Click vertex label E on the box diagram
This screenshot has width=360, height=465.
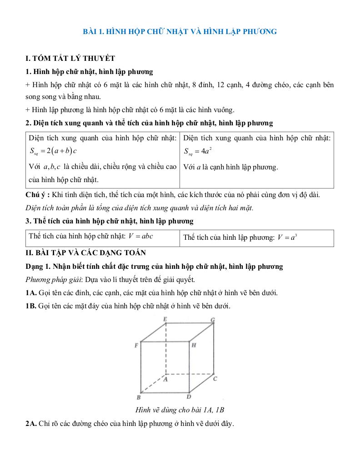[165, 320]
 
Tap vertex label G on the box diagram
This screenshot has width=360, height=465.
[212, 320]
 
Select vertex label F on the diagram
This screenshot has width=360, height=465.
[136, 346]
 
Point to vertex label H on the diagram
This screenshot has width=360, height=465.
[194, 346]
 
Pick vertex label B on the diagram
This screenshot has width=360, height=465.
[138, 397]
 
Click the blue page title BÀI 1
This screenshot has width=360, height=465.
[180, 31]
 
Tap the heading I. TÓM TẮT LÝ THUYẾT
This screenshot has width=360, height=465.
[70, 58]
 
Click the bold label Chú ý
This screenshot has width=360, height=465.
[38, 195]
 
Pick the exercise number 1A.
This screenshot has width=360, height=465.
[31, 292]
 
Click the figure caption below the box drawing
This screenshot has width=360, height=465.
[180, 410]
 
